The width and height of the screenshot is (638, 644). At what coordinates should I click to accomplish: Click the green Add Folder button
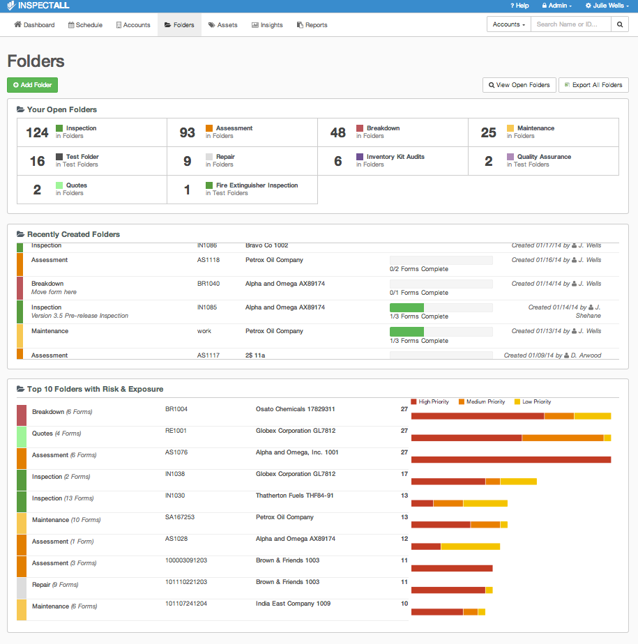(x=33, y=85)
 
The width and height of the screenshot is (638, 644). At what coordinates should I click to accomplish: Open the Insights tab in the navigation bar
(x=267, y=25)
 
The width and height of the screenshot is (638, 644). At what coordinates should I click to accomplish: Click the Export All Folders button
(x=593, y=85)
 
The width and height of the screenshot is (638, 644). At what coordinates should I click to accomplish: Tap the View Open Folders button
(x=519, y=85)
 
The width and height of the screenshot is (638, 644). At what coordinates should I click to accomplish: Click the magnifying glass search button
(x=620, y=24)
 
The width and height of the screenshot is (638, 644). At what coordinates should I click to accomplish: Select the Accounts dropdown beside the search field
(x=509, y=24)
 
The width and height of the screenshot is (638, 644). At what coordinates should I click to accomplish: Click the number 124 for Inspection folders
(x=38, y=132)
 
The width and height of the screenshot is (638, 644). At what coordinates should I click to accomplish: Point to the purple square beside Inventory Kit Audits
(x=360, y=157)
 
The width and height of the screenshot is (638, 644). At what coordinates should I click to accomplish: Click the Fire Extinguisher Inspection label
(x=257, y=185)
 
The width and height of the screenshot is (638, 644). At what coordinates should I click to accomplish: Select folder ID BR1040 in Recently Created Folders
(x=208, y=284)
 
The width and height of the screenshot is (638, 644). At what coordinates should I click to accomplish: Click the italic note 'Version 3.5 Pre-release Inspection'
(x=79, y=316)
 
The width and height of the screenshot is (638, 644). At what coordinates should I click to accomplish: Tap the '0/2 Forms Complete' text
(x=419, y=269)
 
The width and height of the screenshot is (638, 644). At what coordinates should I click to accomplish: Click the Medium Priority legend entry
(x=482, y=401)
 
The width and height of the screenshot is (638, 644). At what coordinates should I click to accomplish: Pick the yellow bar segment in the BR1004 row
(x=593, y=416)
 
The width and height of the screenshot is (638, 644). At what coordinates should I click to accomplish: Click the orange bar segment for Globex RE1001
(x=563, y=438)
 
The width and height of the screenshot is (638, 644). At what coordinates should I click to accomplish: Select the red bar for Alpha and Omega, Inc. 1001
(x=511, y=459)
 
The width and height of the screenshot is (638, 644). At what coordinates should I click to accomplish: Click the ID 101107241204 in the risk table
(x=186, y=604)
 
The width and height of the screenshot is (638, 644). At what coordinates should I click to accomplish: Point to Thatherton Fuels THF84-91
(x=294, y=496)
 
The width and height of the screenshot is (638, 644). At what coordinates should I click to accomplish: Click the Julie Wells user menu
(x=607, y=6)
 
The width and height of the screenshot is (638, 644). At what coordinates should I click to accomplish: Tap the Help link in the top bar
(x=519, y=6)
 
